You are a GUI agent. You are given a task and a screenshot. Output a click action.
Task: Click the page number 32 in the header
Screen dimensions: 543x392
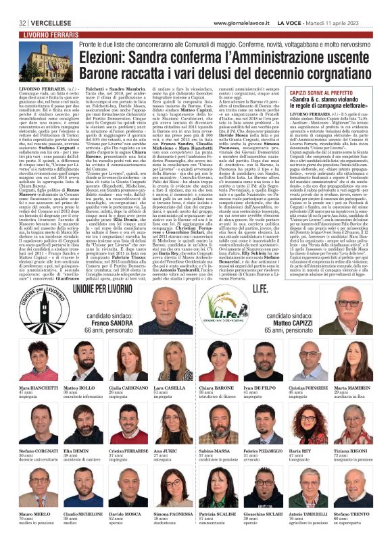pyautogui.click(x=23, y=5)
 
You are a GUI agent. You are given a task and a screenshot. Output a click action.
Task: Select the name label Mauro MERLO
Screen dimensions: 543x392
pyautogui.click(x=32, y=513)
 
